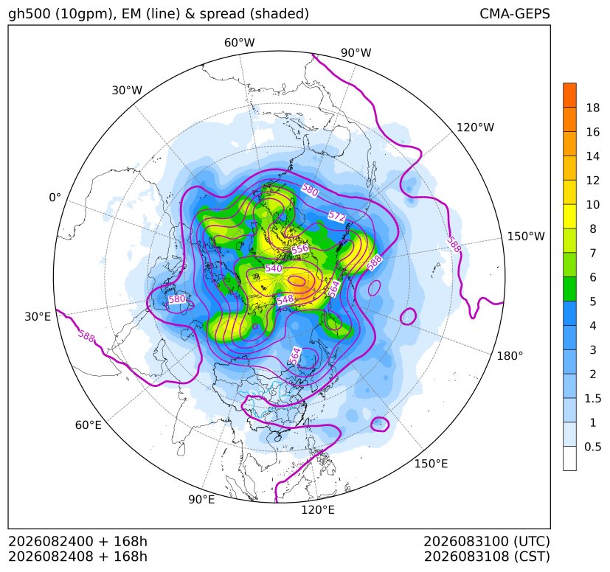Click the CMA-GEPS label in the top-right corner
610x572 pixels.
point(515,13)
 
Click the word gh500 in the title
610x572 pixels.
point(30,14)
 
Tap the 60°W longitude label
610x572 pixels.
point(239,43)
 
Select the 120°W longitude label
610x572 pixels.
point(475,128)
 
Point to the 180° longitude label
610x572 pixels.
point(510,356)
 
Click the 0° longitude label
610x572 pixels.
point(55,198)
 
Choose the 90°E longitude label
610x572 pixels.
point(201,500)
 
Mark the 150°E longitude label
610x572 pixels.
point(431,464)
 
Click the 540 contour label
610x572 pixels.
point(274,268)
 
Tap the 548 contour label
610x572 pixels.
point(285,299)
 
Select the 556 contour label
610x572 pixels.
point(300,249)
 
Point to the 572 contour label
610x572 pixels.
point(337,216)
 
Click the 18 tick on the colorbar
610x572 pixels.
point(593,108)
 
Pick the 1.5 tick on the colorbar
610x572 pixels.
point(592,398)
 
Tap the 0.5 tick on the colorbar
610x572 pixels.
point(592,447)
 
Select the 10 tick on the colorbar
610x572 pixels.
point(593,204)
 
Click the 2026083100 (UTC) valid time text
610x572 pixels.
point(487,541)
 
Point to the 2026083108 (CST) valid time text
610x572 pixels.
point(487,557)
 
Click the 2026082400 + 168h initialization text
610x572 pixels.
point(77,541)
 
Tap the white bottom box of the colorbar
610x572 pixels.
point(569,458)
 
